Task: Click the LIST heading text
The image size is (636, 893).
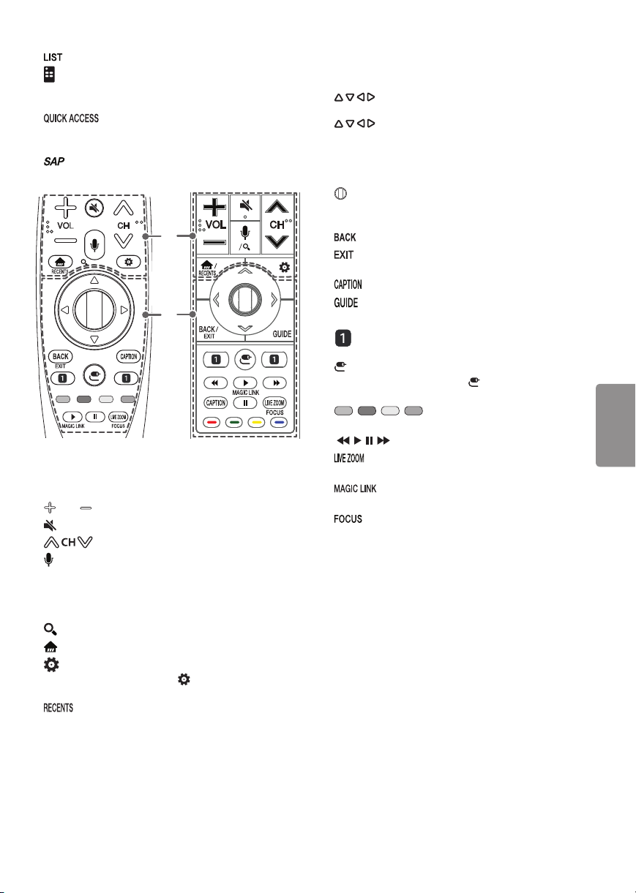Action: coord(53,57)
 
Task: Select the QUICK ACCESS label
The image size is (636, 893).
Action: coord(71,118)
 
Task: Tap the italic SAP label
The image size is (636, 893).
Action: coord(54,162)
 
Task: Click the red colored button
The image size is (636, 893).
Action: coord(212,422)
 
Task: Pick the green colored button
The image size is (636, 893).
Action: coord(233,422)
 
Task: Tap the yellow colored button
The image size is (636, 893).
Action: coord(257,422)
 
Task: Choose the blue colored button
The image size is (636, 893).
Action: coord(279,422)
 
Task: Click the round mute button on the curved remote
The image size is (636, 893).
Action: coord(94,208)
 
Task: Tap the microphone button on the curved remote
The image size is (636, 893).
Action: coord(94,245)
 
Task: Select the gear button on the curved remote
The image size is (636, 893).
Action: coord(129,262)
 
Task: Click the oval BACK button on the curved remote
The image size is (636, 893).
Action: coord(61,356)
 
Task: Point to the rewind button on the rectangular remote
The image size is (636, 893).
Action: coord(215,383)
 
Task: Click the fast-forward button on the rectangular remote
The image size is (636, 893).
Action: coord(275,383)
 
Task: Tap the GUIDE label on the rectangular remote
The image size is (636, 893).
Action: coord(282,334)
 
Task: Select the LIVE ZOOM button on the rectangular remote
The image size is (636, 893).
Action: coord(274,403)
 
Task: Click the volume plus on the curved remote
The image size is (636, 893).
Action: coord(65,208)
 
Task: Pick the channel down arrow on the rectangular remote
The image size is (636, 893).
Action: coord(277,241)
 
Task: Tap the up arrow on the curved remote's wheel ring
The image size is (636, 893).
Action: coord(94,280)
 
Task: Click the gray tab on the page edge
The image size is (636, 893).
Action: coord(616,426)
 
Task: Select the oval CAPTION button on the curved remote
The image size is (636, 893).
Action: coord(129,356)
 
